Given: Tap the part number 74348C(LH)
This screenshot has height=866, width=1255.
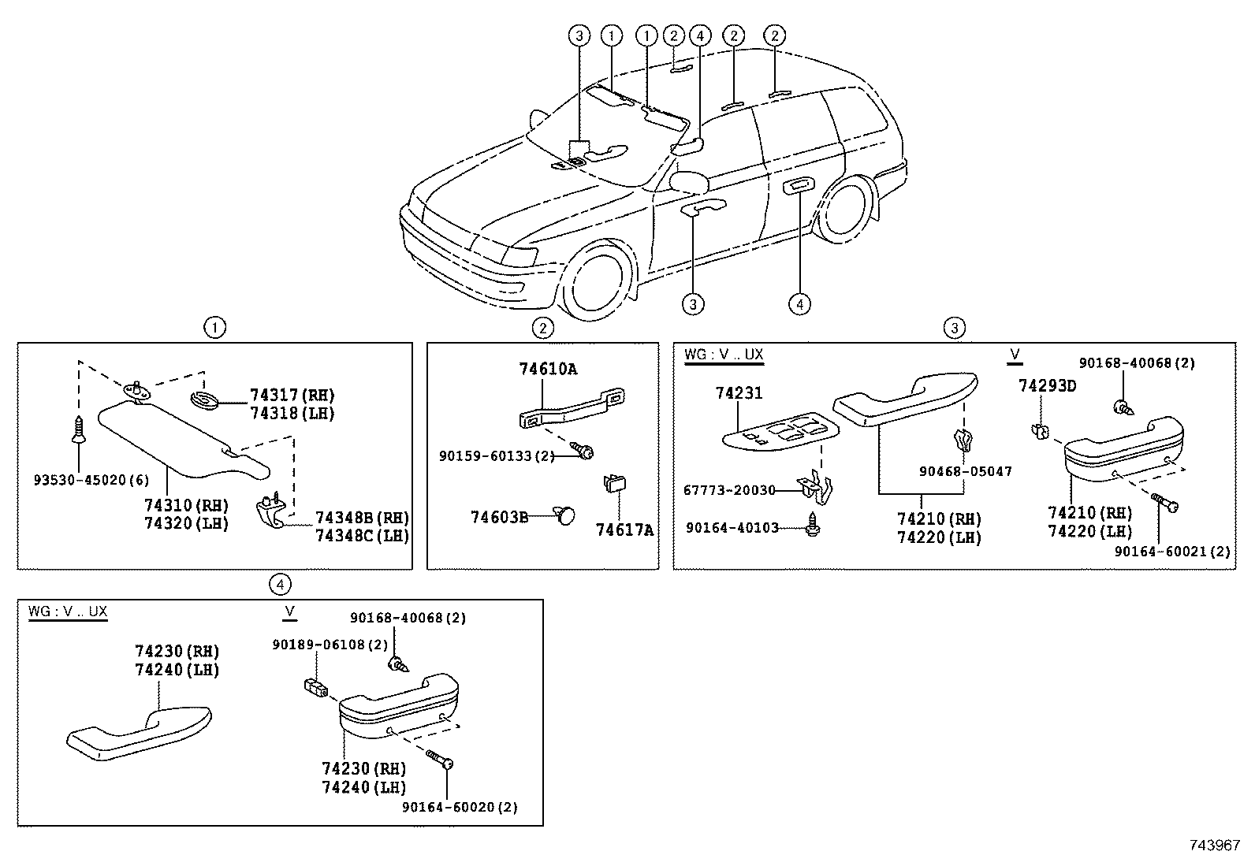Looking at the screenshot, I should [362, 535].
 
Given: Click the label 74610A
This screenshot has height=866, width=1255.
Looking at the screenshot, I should [548, 369].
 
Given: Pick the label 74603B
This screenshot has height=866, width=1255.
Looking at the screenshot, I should [499, 517].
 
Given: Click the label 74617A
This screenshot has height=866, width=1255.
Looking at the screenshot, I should [624, 530].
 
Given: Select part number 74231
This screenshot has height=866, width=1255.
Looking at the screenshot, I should [739, 392].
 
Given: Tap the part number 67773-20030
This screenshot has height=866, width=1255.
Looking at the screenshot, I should [729, 490].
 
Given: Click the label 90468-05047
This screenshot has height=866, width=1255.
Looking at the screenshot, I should [965, 471].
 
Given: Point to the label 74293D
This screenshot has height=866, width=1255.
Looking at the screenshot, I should [1047, 385].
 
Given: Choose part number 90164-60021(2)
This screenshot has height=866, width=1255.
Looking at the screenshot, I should [1171, 552].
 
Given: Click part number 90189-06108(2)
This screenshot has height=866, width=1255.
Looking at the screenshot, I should [330, 645].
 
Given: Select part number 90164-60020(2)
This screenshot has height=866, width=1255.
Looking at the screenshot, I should [460, 807].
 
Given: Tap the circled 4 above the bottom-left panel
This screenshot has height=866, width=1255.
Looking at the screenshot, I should [280, 584].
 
